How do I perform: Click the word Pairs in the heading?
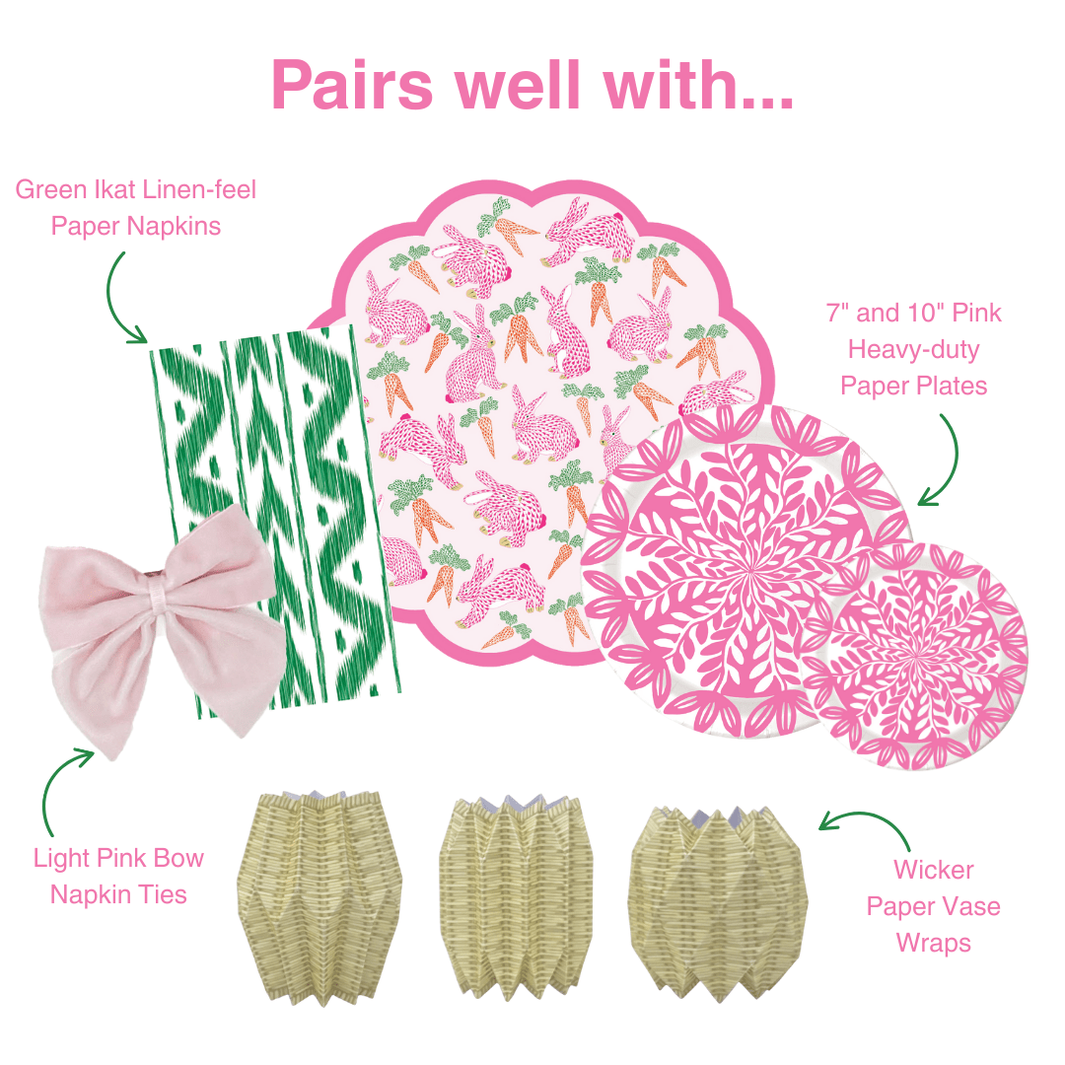pos(353,86)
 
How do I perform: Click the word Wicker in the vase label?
pos(933,870)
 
